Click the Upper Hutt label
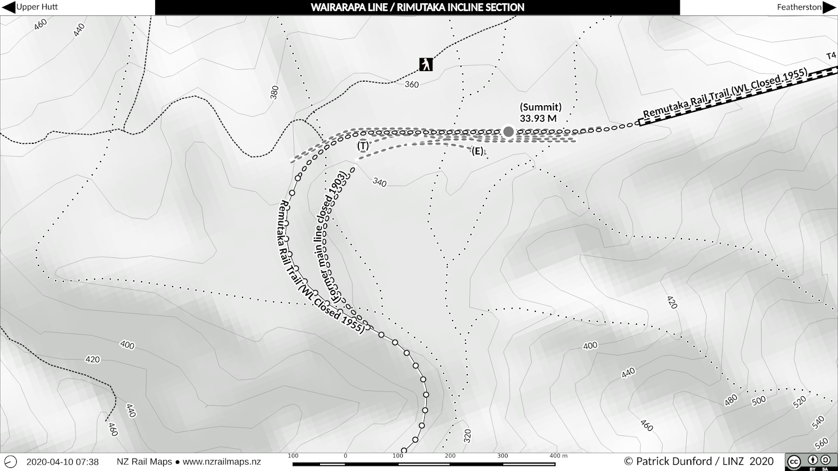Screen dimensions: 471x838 pos(37,7)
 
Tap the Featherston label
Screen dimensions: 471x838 pos(799,7)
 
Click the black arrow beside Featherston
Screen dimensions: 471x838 pos(830,7)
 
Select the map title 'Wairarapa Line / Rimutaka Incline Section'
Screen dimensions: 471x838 pos(417,7)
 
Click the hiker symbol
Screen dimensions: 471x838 pos(426,64)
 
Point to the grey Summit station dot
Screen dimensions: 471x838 pos(508,131)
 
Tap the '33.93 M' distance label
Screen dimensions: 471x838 pos(538,119)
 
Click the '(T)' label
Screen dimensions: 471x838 pos(362,145)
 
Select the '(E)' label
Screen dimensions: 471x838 pos(477,151)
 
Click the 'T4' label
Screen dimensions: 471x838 pos(831,56)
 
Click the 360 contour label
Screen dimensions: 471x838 pos(412,84)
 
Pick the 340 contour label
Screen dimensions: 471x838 pos(379,182)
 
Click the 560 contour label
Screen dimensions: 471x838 pos(822,443)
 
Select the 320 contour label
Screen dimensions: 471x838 pos(467,435)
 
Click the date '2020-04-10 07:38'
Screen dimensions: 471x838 pos(62,462)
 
